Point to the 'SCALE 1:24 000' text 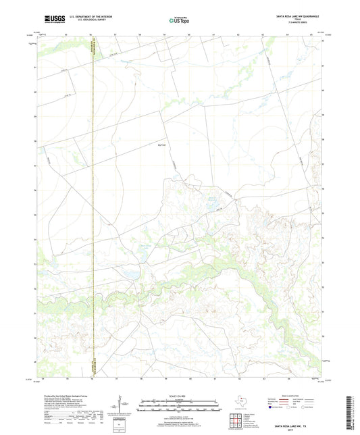coord(180,396)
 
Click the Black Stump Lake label coord(144,248)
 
